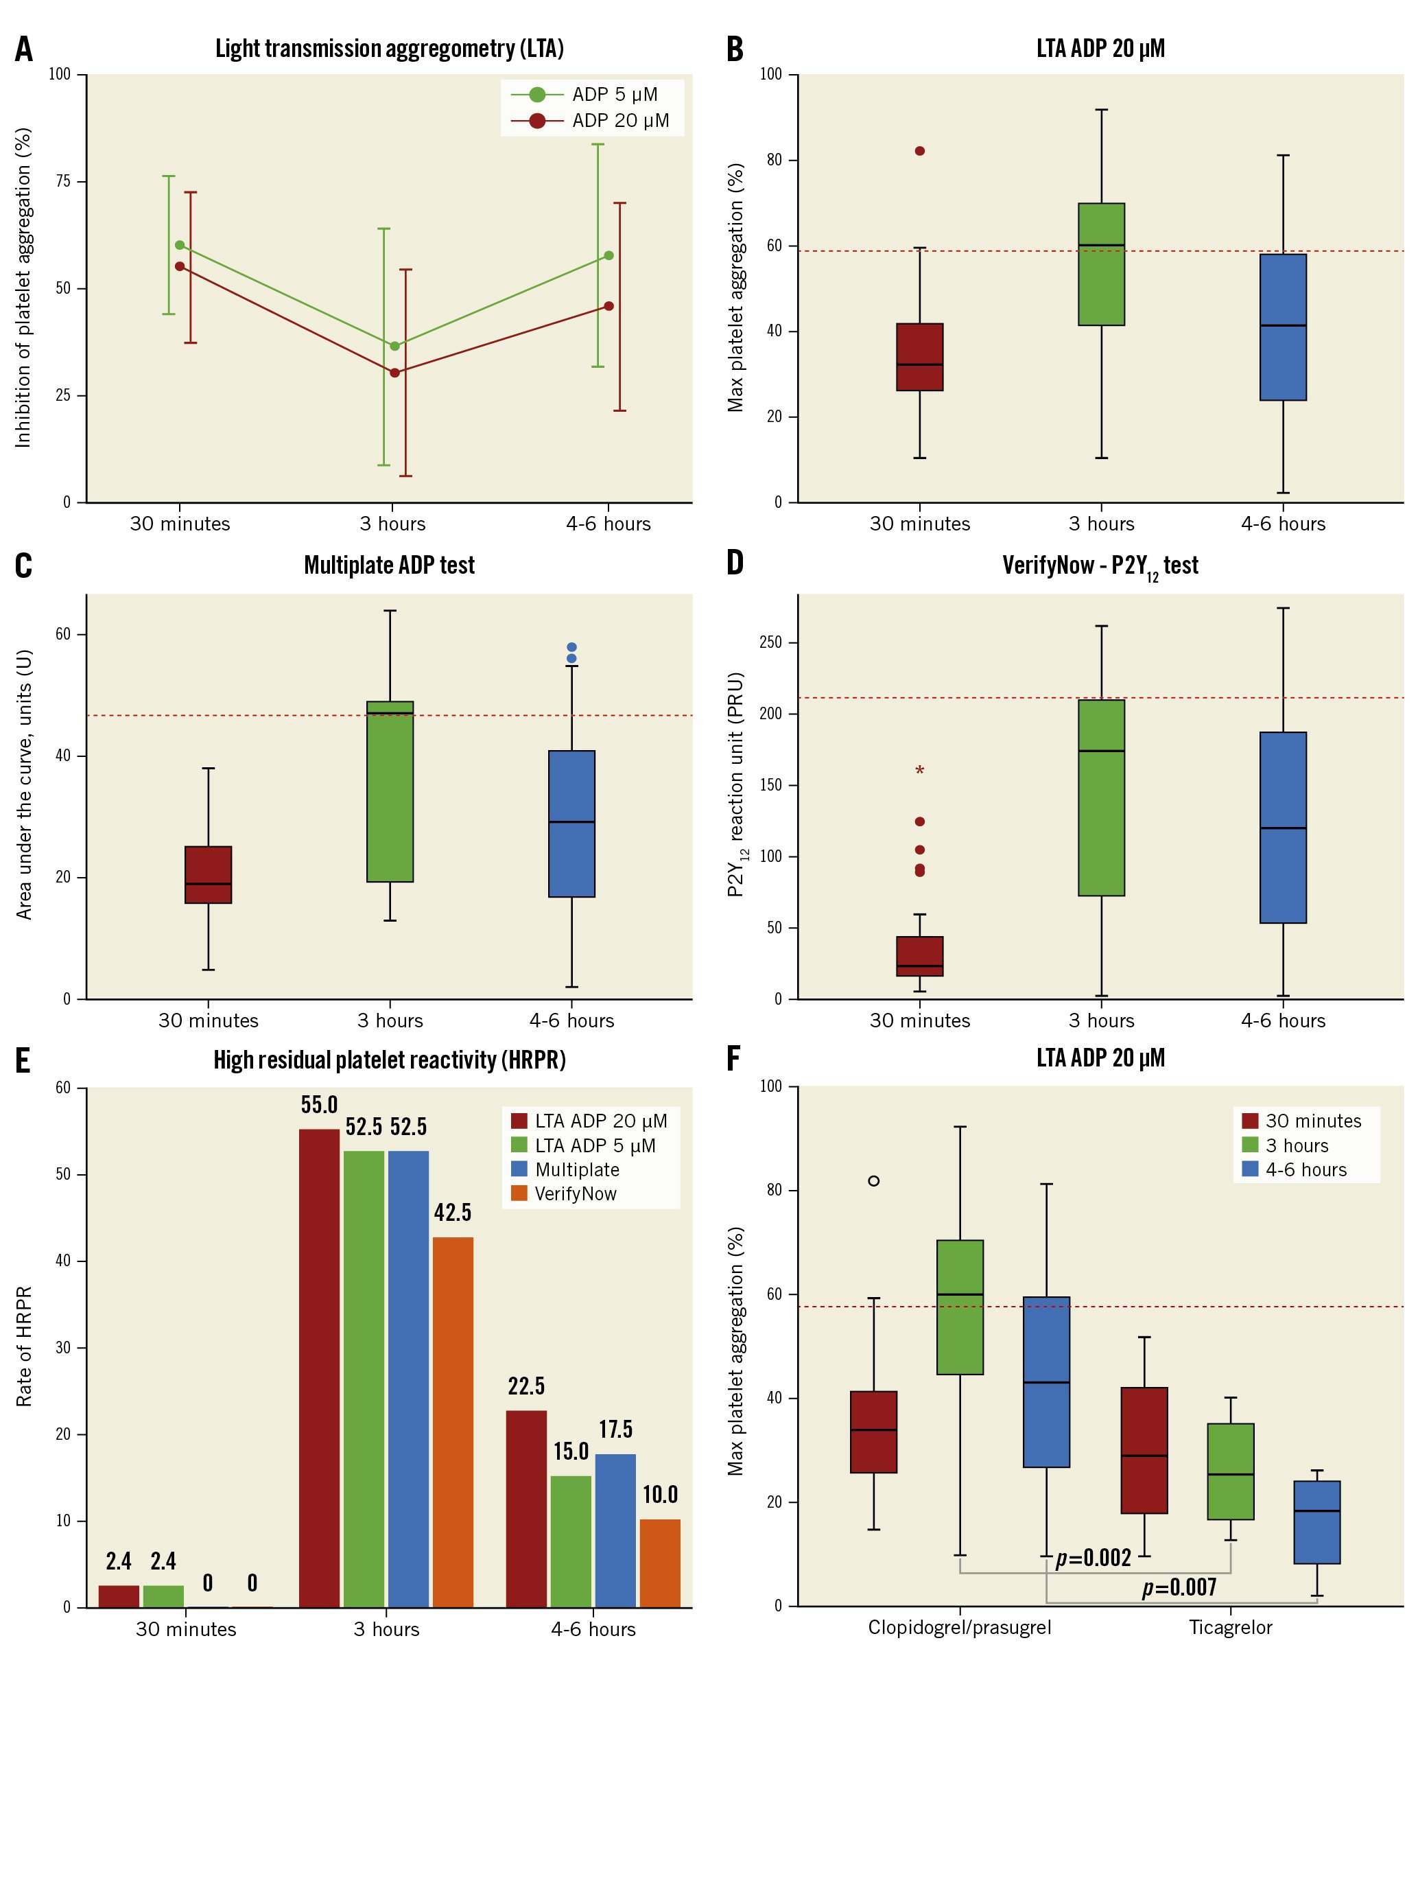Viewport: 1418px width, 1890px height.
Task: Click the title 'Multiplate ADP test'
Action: pyautogui.click(x=389, y=565)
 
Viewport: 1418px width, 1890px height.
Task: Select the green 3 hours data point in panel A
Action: pyautogui.click(x=394, y=346)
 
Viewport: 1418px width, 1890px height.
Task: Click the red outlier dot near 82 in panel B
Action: pyautogui.click(x=920, y=151)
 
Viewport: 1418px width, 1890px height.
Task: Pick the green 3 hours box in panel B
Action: pyautogui.click(x=1101, y=265)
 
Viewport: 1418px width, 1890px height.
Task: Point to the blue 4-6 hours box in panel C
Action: pyautogui.click(x=571, y=824)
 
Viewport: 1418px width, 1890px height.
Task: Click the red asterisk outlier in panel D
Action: pyautogui.click(x=920, y=771)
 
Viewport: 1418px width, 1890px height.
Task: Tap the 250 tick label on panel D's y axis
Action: pyautogui.click(x=770, y=642)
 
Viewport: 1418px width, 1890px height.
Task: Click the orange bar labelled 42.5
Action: pyautogui.click(x=453, y=1421)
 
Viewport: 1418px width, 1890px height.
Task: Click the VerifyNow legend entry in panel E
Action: pyautogui.click(x=575, y=1193)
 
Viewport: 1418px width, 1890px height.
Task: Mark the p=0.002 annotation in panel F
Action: pyautogui.click(x=1094, y=1559)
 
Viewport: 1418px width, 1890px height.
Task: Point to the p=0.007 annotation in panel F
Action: pyautogui.click(x=1179, y=1587)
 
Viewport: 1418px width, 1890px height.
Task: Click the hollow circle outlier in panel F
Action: pyautogui.click(x=874, y=1181)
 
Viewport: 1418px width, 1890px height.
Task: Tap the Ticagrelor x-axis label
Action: pyautogui.click(x=1230, y=1628)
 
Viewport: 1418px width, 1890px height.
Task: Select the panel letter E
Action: pyautogui.click(x=23, y=1061)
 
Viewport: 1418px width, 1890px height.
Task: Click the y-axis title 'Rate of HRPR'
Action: pyautogui.click(x=24, y=1346)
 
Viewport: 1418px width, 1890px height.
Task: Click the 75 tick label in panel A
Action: pyautogui.click(x=63, y=181)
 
